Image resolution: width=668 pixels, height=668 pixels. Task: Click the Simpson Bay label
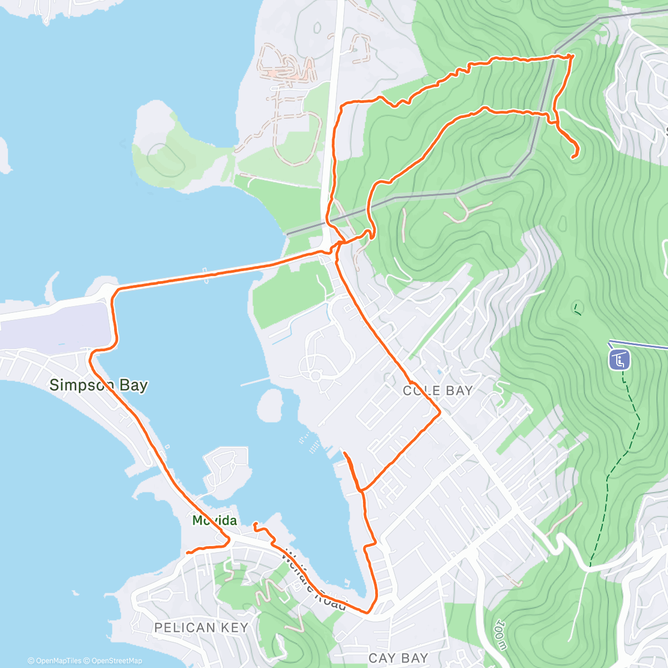pyautogui.click(x=99, y=385)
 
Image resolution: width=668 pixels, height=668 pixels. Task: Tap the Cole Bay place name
pyautogui.click(x=438, y=391)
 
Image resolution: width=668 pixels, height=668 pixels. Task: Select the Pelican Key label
pyautogui.click(x=201, y=627)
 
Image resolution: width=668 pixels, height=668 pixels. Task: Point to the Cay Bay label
pyautogui.click(x=398, y=658)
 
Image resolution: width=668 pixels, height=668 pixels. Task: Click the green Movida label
pyautogui.click(x=214, y=520)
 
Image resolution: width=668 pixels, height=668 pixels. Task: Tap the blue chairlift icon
pyautogui.click(x=620, y=360)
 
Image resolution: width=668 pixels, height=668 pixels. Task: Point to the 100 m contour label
pyautogui.click(x=500, y=635)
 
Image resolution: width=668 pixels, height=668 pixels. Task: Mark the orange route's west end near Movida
pyautogui.click(x=187, y=553)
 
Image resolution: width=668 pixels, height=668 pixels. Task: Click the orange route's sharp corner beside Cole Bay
pyautogui.click(x=440, y=412)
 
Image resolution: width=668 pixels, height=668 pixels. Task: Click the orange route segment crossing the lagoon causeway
pyautogui.click(x=217, y=272)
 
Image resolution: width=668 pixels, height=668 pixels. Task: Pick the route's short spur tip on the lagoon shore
pyautogui.click(x=345, y=454)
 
